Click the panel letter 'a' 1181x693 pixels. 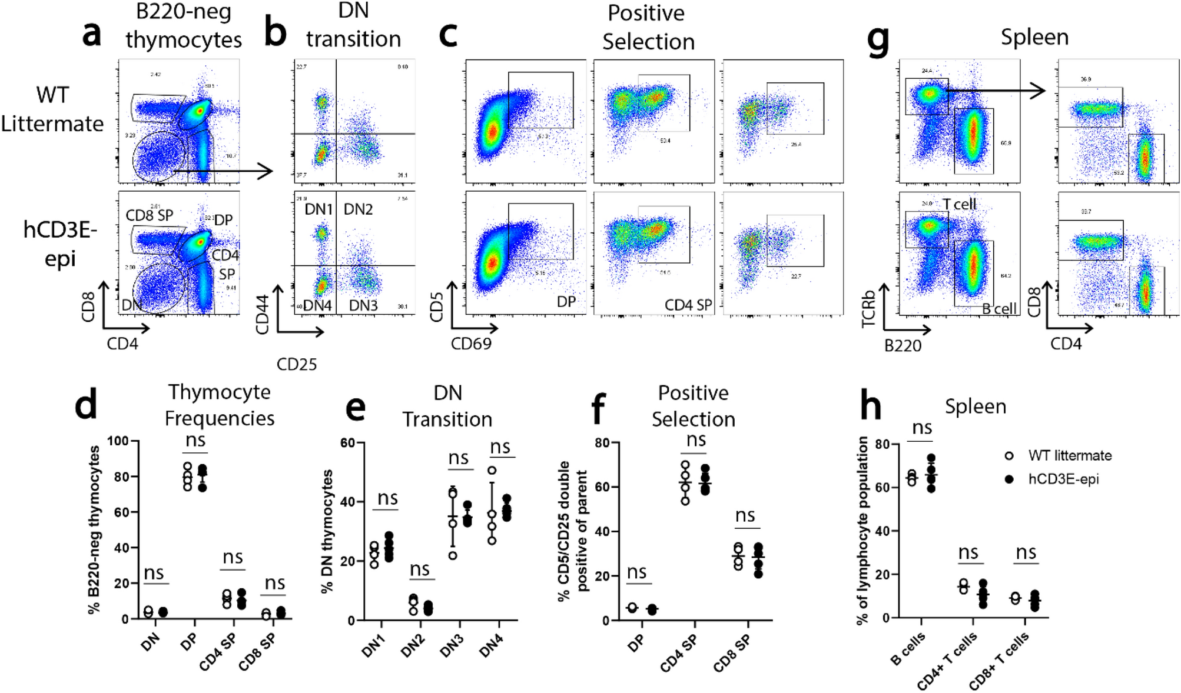point(91,34)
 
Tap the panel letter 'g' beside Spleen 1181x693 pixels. point(878,41)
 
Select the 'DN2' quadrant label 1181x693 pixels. point(358,209)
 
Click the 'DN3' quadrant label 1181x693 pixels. point(363,305)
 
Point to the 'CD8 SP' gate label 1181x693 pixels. point(150,216)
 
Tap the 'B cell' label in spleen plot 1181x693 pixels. point(999,309)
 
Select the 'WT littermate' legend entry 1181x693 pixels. point(1069,455)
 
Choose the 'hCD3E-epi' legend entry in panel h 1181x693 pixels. point(1063,479)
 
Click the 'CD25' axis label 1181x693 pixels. point(297,365)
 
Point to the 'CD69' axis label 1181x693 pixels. point(471,344)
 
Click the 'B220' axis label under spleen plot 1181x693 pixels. point(903,346)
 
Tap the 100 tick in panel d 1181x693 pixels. point(118,441)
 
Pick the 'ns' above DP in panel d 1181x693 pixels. point(195,440)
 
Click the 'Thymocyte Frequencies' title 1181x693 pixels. point(220,405)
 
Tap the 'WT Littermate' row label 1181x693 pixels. point(52,109)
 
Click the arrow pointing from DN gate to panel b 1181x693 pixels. point(224,171)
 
